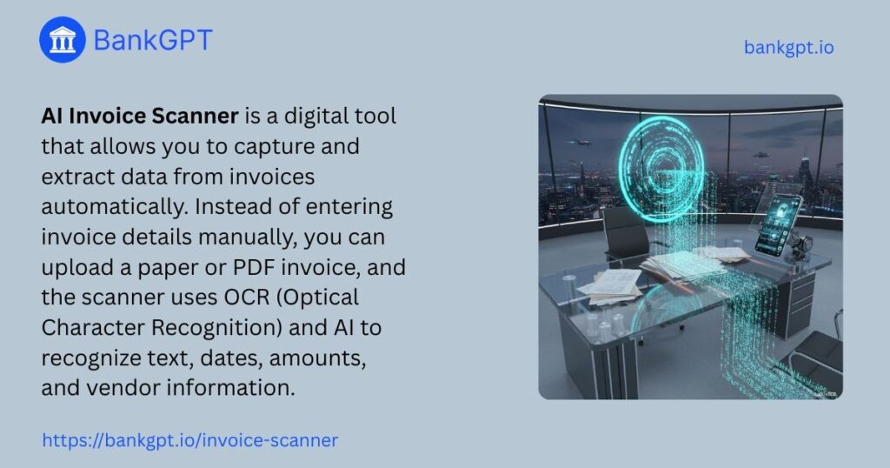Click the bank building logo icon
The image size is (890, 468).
tap(63, 40)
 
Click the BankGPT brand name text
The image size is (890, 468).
tap(153, 40)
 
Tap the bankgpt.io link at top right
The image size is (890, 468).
tap(789, 47)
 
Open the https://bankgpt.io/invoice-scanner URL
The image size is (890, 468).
tap(190, 440)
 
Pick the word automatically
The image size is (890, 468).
tap(114, 207)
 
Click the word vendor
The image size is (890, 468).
tap(123, 388)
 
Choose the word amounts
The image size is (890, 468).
tap(317, 358)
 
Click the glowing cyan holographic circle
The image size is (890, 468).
tap(661, 163)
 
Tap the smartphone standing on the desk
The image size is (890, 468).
tap(778, 225)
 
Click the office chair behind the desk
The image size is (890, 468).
tap(627, 234)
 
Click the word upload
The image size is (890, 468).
tap(76, 268)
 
